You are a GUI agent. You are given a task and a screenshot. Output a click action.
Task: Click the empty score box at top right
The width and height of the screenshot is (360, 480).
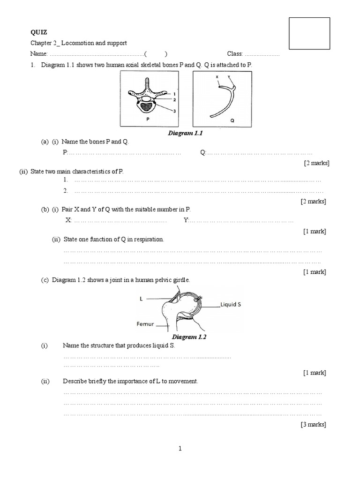coord(309,33)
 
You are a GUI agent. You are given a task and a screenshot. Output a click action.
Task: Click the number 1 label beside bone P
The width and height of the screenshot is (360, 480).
coord(174,94)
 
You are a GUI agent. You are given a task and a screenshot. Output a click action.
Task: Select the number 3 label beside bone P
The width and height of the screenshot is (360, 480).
coord(174,111)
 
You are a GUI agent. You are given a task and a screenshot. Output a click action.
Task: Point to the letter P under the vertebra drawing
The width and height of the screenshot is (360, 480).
coord(148,120)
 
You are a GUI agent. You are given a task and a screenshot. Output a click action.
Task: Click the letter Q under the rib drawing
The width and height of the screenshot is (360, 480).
coord(232,120)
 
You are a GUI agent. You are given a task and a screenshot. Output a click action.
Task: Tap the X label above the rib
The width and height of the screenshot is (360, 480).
coord(217,75)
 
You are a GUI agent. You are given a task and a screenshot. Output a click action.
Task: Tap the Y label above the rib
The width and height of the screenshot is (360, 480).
coord(228,75)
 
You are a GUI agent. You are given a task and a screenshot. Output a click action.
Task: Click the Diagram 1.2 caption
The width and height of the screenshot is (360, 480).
coord(189,337)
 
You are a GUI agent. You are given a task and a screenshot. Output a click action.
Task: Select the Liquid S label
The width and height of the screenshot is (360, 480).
coord(231,304)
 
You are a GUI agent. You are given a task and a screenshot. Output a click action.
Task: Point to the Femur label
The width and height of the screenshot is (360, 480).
coord(146,324)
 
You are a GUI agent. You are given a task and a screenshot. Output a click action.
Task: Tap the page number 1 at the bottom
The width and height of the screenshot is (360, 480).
coord(180,449)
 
